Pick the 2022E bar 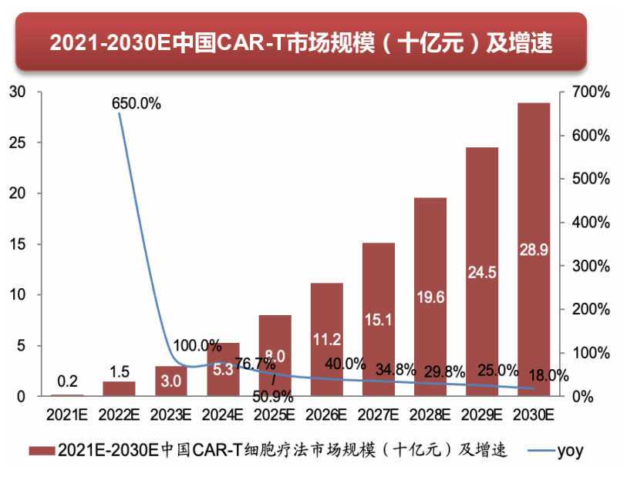[119, 388]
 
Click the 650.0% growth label [137, 102]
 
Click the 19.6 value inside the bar [430, 298]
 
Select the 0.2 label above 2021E [67, 381]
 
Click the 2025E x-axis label [275, 415]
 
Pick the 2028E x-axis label [430, 415]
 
